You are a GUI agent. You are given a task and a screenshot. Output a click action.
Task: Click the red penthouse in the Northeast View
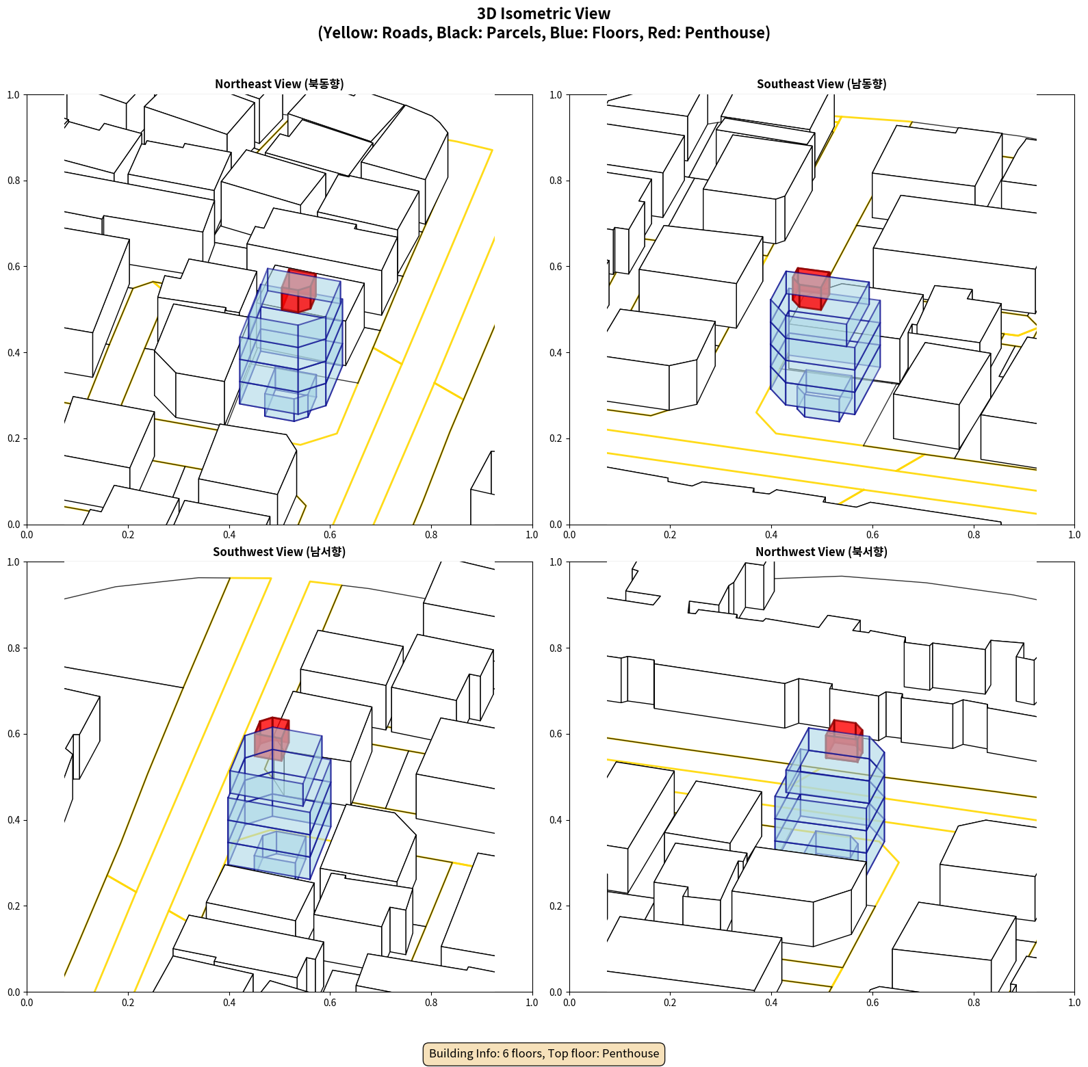298,291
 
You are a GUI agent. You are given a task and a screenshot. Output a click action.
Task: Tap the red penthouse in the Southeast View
811,289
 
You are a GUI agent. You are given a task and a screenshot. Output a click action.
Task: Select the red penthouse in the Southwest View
272,739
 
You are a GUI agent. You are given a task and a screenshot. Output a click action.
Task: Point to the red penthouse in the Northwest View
844,741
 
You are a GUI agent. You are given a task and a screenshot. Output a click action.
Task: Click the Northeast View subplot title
279,84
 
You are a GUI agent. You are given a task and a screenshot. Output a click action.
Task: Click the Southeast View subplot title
821,84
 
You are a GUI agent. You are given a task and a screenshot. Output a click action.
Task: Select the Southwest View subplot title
279,552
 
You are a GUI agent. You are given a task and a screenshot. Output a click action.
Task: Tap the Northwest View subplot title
821,552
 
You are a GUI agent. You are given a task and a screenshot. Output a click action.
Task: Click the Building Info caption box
544,1053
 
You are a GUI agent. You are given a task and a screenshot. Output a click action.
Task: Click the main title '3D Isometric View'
544,14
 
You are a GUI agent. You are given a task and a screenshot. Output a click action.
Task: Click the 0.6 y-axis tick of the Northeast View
14,267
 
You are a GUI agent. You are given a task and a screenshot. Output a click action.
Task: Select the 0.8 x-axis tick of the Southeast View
974,535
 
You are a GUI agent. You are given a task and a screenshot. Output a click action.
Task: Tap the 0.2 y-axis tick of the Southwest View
14,906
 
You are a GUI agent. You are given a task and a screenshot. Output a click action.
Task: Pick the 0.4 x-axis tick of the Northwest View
771,1003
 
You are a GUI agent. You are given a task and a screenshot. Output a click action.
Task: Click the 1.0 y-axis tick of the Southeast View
556,95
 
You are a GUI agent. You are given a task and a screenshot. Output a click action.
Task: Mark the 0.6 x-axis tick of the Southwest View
330,1003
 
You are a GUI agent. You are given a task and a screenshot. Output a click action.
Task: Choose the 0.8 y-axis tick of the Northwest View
556,648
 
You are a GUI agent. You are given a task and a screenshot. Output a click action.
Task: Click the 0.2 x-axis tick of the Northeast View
128,535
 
